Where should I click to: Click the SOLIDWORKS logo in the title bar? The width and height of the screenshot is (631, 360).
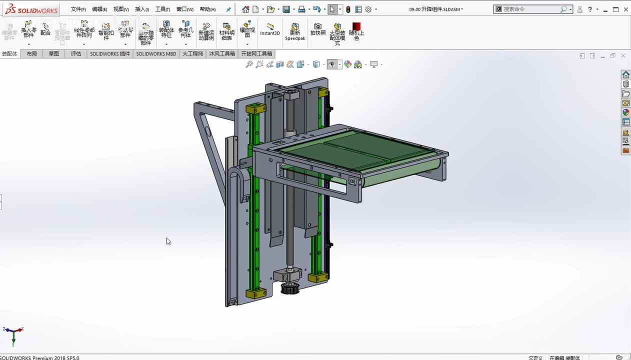pos(31,9)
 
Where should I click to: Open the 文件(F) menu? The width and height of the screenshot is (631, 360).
pos(78,9)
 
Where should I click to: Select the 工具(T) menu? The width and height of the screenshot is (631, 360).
pos(162,9)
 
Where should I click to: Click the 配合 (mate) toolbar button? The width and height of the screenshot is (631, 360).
pos(45,29)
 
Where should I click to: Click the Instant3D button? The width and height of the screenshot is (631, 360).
pos(270,29)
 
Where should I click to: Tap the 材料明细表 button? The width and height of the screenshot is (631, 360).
pos(226,31)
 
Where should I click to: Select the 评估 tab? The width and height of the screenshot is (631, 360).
pos(76,54)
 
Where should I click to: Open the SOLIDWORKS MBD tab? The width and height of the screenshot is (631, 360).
pos(156,54)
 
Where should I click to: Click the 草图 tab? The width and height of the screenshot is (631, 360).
pos(53,54)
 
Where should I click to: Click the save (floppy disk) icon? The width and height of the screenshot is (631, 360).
pos(286,9)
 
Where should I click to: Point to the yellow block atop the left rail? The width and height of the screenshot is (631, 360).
pos(256,108)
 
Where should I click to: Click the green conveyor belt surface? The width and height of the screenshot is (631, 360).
pos(350,150)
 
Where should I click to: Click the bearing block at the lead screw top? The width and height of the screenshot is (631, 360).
pos(291,94)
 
